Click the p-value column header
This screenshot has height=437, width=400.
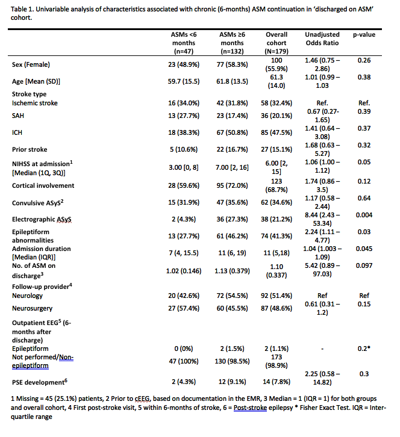pos(363,35)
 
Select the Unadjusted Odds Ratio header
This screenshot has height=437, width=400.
pos(322,39)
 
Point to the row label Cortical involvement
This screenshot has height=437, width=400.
pos(43,185)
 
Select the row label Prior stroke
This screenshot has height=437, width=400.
pos(30,149)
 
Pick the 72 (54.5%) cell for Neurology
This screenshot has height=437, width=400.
pos(232,296)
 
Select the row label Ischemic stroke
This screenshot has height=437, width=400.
pos(35,103)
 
